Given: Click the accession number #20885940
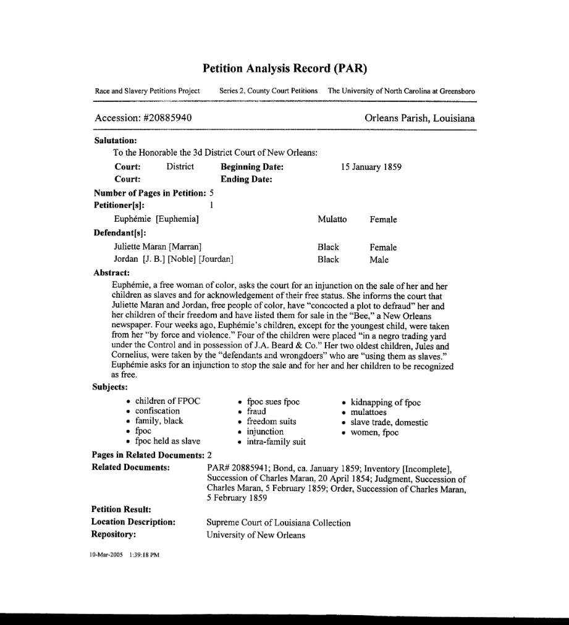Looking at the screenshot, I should tap(158, 118).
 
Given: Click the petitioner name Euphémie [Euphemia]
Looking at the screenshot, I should tap(156, 220).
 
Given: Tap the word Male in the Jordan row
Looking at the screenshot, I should tap(379, 260).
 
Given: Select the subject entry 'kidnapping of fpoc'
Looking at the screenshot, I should tap(386, 403).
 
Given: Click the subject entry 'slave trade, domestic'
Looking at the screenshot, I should tap(389, 422).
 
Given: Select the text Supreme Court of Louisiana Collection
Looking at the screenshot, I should tap(279, 523).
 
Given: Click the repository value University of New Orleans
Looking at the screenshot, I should tap(256, 535).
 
